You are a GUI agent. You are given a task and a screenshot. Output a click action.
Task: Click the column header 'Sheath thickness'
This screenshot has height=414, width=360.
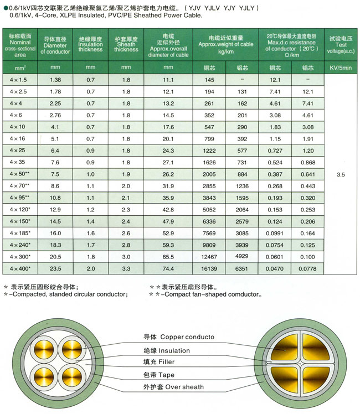tap(126, 45)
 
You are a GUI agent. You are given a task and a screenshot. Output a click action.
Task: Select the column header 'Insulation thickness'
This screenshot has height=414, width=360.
tap(90, 45)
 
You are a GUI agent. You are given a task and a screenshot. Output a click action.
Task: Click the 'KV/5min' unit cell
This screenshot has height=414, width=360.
tap(340, 68)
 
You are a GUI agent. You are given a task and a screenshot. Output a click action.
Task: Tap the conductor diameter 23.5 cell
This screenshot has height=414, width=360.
tap(55, 268)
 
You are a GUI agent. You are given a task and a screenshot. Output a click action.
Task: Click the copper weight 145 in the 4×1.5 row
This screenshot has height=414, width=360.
tap(209, 80)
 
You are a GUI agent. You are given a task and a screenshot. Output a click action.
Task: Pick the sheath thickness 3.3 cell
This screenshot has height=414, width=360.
tap(126, 268)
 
